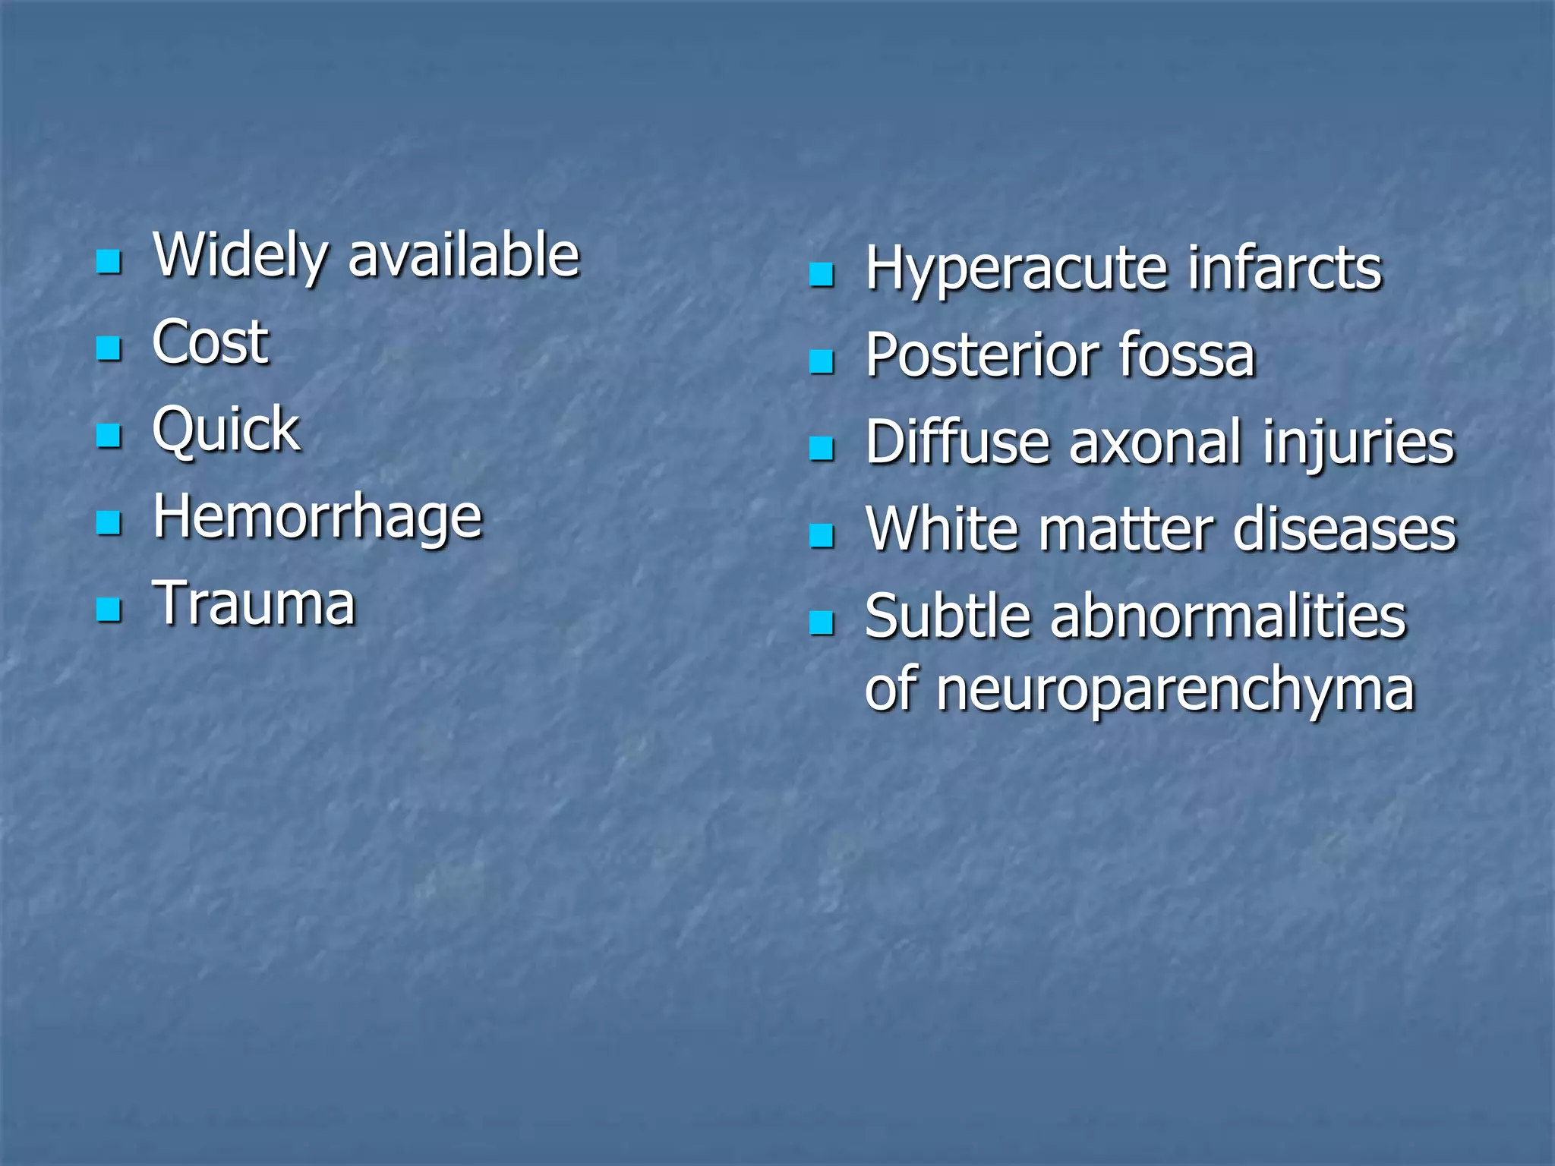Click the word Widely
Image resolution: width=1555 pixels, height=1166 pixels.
click(x=240, y=257)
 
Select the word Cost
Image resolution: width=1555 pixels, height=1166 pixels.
click(x=210, y=342)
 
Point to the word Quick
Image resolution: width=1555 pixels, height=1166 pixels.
click(x=226, y=430)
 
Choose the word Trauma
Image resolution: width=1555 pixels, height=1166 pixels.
click(x=254, y=603)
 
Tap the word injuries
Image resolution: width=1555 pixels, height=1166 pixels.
click(x=1358, y=443)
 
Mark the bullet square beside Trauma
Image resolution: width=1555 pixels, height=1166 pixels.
click(x=109, y=609)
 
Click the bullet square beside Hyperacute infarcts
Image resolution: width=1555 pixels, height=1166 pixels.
click(x=822, y=275)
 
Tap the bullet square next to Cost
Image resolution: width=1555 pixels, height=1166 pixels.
click(x=109, y=348)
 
